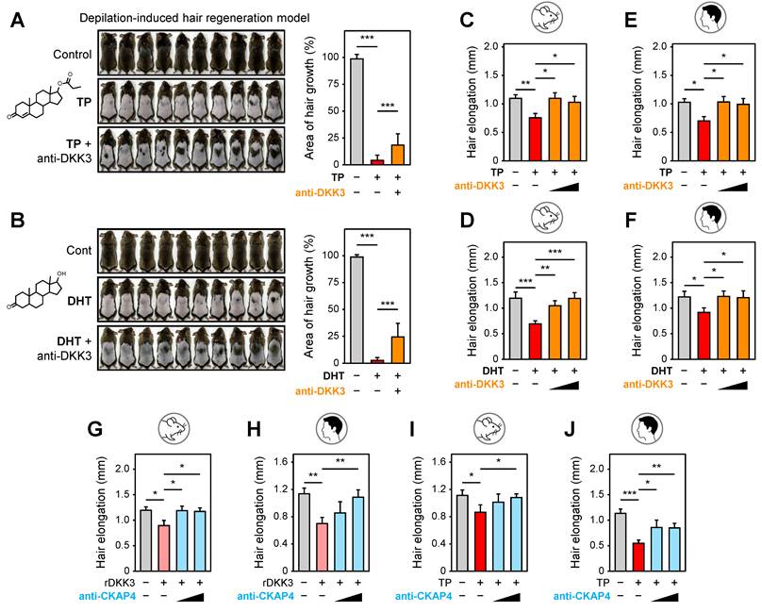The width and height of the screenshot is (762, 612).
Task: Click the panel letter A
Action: (18, 21)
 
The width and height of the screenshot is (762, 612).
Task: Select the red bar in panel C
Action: (535, 139)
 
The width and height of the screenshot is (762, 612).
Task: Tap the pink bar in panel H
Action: (322, 547)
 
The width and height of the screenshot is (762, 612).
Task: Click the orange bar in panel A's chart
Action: (398, 155)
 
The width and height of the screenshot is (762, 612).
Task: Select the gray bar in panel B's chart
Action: (357, 309)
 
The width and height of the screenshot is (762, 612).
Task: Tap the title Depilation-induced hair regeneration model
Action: (194, 18)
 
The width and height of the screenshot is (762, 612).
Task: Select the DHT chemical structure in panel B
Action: (37, 290)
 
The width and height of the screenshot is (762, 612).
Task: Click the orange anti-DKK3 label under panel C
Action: (479, 185)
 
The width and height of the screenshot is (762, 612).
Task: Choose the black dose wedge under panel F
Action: (733, 385)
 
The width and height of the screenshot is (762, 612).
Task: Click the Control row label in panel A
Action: (73, 54)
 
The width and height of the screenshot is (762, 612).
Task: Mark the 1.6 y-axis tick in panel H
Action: (282, 462)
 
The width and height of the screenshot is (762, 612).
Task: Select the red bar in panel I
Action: (480, 541)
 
